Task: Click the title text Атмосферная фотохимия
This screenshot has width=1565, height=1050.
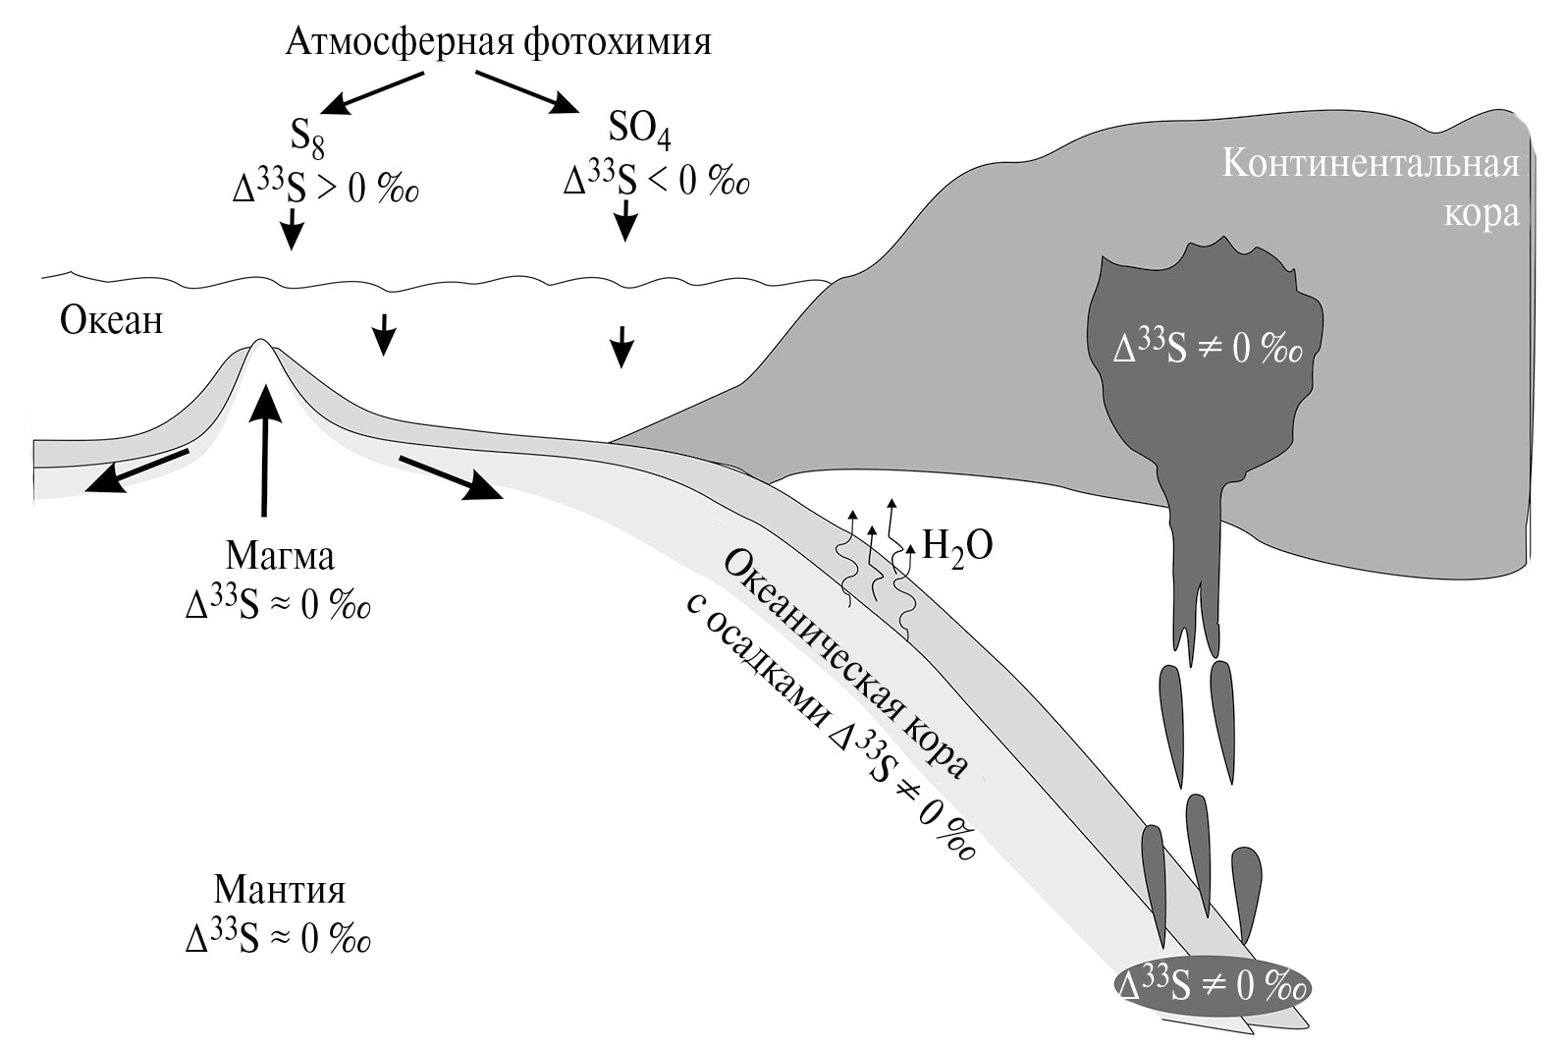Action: point(498,42)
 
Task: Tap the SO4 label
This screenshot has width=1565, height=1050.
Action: point(640,133)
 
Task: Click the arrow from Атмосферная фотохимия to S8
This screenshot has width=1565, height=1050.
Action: point(364,93)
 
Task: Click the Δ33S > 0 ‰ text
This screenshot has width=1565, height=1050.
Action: point(326,186)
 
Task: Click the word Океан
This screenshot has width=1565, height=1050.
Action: point(112,320)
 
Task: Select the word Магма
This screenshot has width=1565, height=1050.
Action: point(280,556)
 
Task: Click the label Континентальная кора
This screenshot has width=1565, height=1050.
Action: point(1371,187)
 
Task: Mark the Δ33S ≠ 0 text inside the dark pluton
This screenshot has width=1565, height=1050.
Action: point(1208,349)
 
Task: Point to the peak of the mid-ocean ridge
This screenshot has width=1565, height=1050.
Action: point(260,344)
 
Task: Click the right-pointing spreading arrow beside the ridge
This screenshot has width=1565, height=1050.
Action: point(452,477)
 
